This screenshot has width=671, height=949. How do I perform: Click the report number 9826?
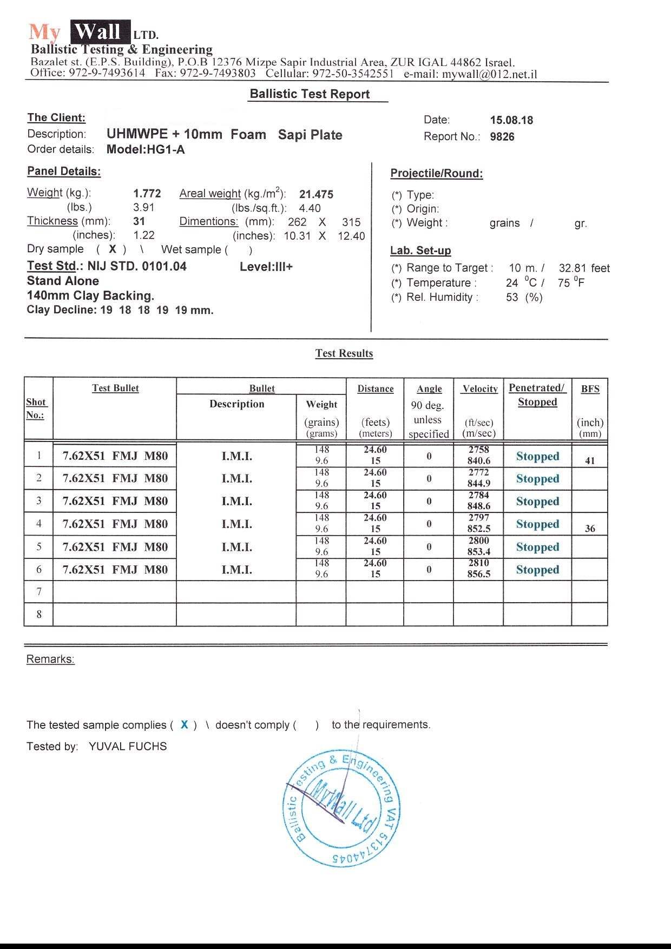click(x=502, y=137)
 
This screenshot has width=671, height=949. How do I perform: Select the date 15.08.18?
click(x=511, y=121)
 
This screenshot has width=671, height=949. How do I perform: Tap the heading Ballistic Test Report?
click(x=310, y=94)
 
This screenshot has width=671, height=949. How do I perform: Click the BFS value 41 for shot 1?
click(x=590, y=461)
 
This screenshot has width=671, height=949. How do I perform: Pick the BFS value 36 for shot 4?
click(x=590, y=529)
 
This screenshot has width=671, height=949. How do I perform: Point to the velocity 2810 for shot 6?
click(x=479, y=563)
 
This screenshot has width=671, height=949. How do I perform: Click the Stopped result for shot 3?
click(x=537, y=502)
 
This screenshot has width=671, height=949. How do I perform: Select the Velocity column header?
click(x=480, y=389)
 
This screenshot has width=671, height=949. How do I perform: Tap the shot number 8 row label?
click(x=39, y=615)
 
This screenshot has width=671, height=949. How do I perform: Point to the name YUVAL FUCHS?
click(x=128, y=747)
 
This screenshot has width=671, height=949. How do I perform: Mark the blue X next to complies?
click(x=185, y=725)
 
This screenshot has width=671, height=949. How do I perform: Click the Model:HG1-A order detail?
click(x=146, y=150)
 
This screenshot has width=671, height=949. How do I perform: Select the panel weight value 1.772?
click(x=147, y=194)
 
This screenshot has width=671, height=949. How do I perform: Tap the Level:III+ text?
click(x=266, y=267)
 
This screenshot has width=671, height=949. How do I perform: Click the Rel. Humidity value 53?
click(x=512, y=298)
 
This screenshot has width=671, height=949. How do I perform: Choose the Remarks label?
click(x=50, y=660)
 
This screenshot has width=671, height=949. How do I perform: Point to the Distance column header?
click(x=376, y=389)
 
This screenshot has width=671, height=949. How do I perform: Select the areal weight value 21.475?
click(x=316, y=194)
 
